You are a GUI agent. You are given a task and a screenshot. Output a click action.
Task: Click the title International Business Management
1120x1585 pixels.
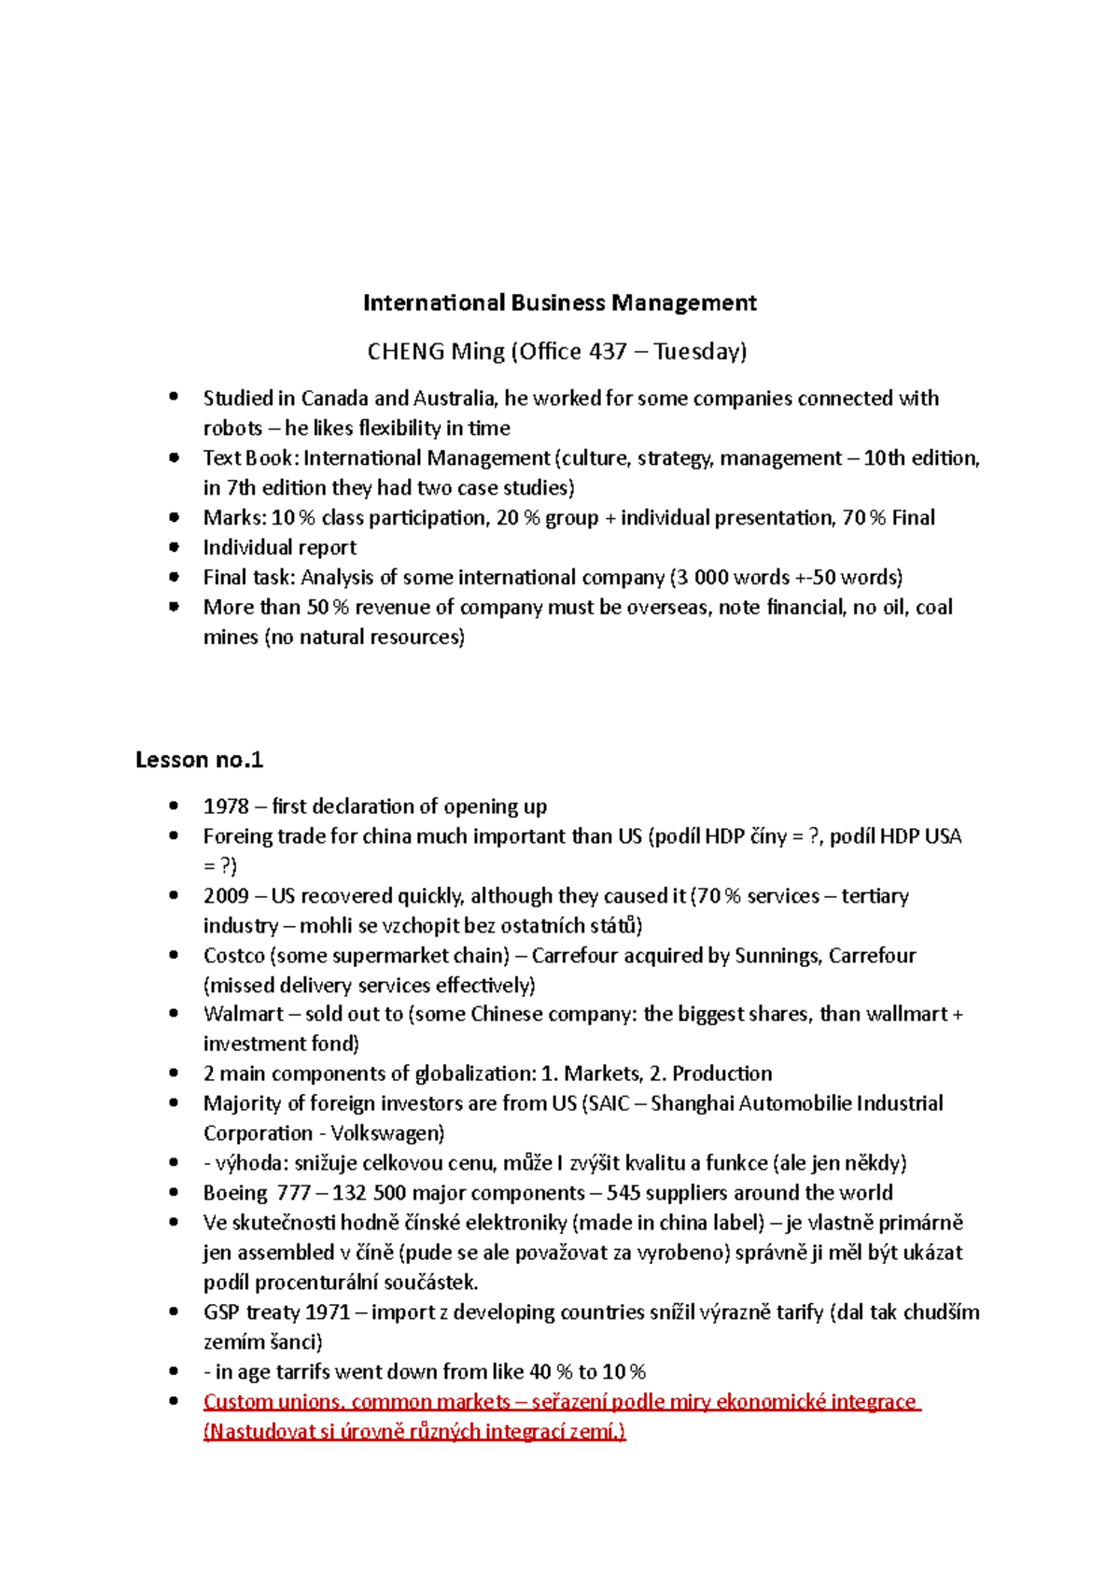point(559,302)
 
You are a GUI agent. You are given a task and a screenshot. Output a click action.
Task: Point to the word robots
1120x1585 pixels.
point(232,428)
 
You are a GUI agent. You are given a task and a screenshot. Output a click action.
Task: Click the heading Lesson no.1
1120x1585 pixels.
point(199,760)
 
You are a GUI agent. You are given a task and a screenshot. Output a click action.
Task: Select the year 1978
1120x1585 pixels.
point(226,807)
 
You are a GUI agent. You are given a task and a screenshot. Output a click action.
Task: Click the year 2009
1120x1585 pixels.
point(226,896)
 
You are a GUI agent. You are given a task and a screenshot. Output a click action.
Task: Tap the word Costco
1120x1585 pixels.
point(233,956)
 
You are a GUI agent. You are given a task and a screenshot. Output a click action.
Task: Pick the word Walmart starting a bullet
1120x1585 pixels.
point(243,1015)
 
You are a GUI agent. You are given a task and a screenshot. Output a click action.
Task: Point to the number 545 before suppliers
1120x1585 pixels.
point(623,1193)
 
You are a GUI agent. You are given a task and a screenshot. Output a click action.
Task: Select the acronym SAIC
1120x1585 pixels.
point(609,1103)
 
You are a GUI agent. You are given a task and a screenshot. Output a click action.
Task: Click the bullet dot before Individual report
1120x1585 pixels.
point(174,547)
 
